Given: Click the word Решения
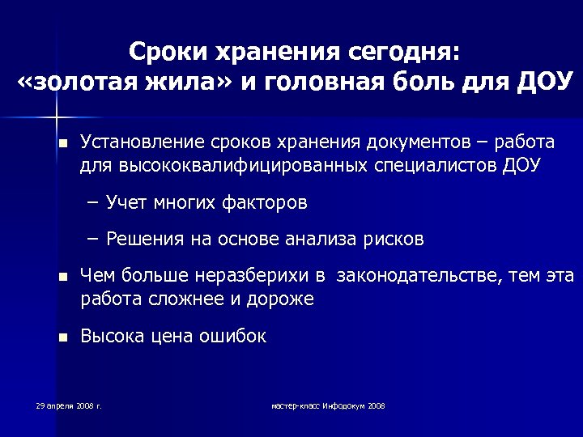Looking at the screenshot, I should [x=143, y=240].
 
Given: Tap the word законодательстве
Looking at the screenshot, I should [x=420, y=278].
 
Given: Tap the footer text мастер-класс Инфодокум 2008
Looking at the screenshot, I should [x=328, y=405].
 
